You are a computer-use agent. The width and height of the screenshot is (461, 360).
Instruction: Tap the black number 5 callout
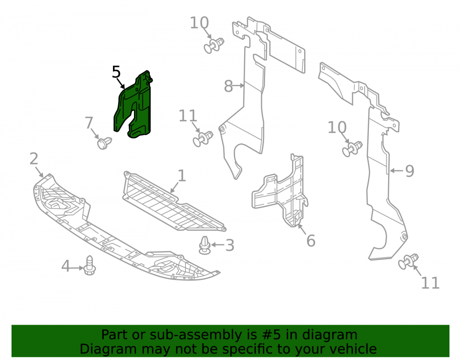(x=117, y=72)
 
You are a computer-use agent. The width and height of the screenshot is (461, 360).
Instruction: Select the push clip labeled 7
(x=104, y=143)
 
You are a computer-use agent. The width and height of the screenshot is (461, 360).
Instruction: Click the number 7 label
(x=89, y=123)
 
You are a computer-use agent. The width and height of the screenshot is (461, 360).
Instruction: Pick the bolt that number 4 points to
(x=89, y=266)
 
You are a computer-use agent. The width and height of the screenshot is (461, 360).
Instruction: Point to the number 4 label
(x=65, y=266)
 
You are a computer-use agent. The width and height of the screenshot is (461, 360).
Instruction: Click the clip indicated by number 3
(x=205, y=246)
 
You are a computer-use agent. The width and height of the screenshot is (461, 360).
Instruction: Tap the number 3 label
(x=230, y=245)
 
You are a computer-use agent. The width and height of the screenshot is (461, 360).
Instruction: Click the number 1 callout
(x=182, y=176)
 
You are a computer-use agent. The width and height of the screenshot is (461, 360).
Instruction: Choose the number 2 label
(x=34, y=159)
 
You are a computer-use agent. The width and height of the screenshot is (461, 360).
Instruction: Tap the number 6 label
(x=311, y=241)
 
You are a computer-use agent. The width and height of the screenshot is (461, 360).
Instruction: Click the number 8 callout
(x=229, y=86)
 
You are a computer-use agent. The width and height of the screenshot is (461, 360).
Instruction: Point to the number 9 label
(x=409, y=171)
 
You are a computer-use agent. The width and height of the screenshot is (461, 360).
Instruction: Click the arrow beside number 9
(x=396, y=171)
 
